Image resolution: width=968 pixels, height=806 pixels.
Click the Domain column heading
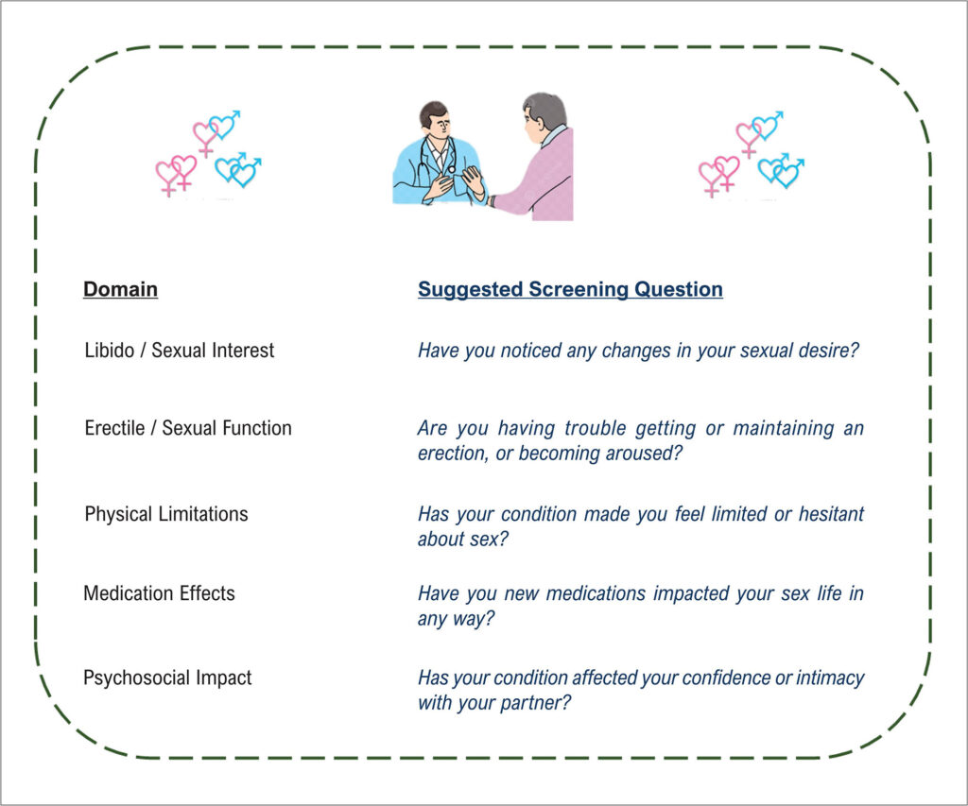[120, 289]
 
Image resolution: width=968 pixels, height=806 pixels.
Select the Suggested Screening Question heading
[570, 289]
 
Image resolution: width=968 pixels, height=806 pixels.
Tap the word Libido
[110, 350]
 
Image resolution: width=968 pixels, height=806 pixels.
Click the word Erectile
[114, 428]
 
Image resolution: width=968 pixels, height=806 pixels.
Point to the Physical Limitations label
[166, 514]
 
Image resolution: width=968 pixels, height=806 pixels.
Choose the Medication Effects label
[159, 593]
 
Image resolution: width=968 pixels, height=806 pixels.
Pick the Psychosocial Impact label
[167, 677]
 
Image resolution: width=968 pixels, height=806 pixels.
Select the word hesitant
[831, 513]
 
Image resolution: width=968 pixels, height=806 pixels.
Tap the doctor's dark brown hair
[433, 113]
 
